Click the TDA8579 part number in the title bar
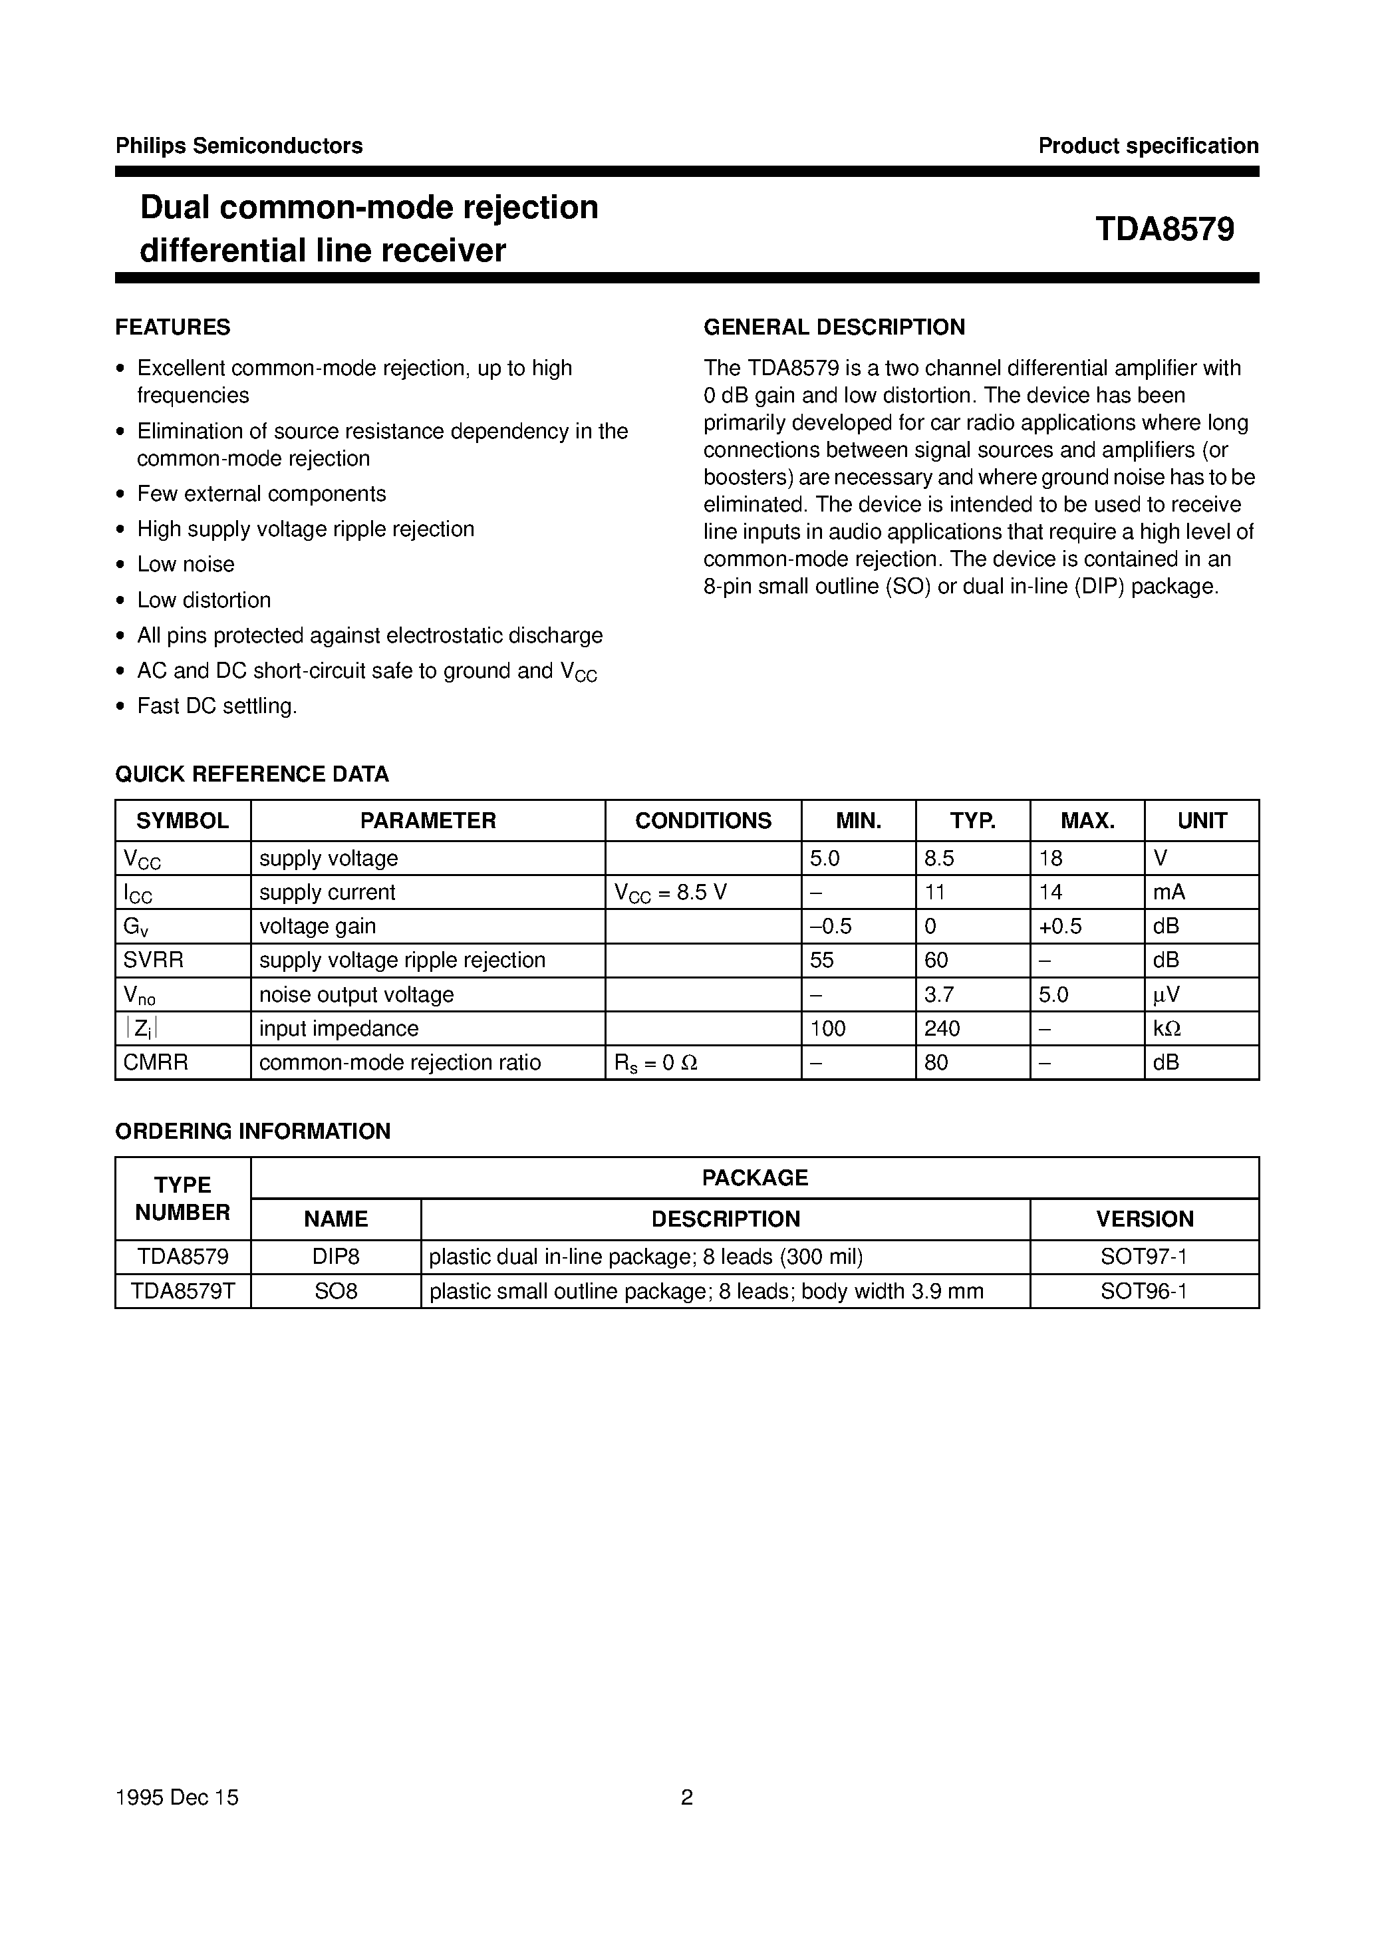(x=1165, y=229)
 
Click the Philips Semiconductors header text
(x=239, y=146)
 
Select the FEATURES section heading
(x=173, y=327)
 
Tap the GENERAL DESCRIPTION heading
(x=835, y=327)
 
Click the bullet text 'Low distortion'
(x=204, y=600)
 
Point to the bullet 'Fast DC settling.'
(x=217, y=706)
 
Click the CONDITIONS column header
(x=703, y=821)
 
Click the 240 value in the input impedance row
(x=942, y=1028)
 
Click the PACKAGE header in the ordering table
(x=755, y=1177)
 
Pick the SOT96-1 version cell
(x=1144, y=1291)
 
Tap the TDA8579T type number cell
(x=182, y=1291)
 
